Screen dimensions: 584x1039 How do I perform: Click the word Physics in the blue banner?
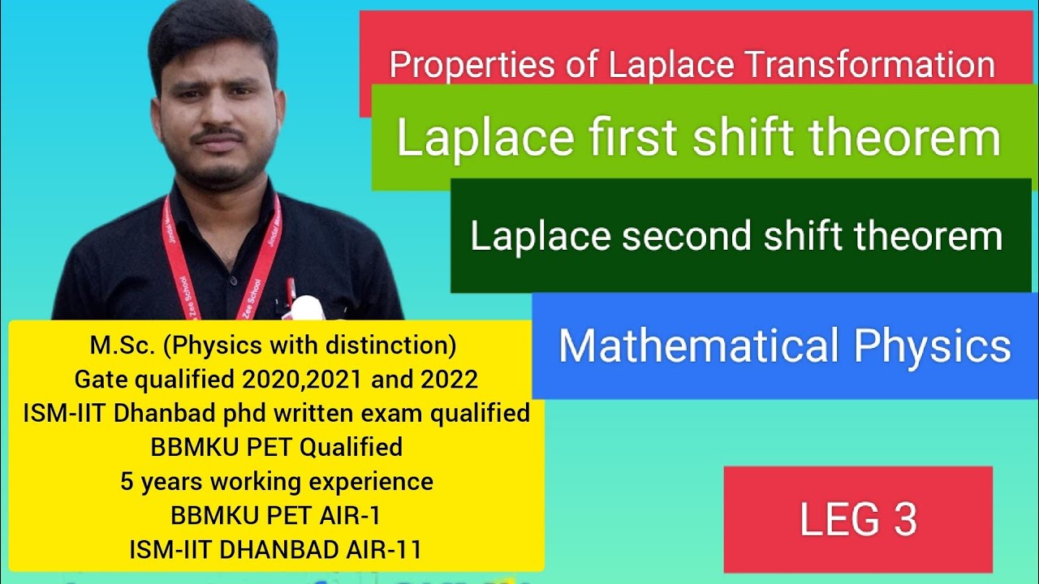(933, 346)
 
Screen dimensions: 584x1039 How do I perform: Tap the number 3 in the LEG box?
(905, 520)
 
